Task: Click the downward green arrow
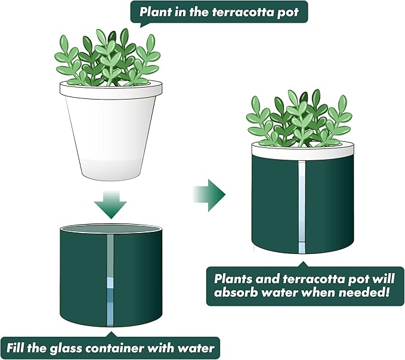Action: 110,204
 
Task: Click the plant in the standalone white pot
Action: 107,57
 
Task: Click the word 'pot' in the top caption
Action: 290,11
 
